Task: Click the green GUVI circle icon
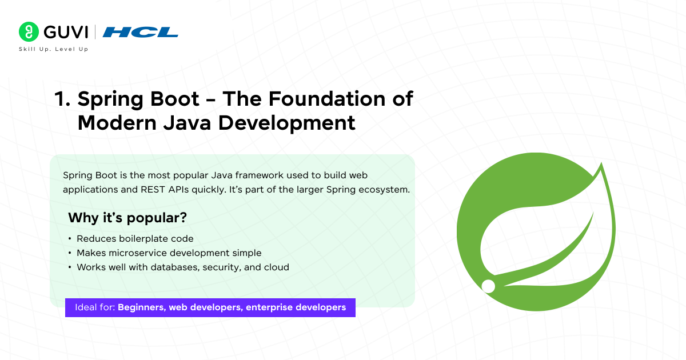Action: (x=28, y=32)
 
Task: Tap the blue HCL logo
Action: (x=140, y=32)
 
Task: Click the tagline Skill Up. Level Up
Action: (x=54, y=50)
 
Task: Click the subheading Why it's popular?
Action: (x=127, y=218)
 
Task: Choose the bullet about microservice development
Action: (x=169, y=253)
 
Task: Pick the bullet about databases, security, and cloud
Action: (x=183, y=267)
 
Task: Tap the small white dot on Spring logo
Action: (x=488, y=286)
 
